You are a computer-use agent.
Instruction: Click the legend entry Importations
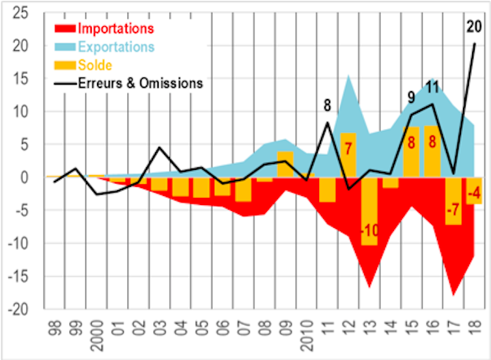[115, 29]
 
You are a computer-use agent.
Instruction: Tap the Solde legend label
[94, 65]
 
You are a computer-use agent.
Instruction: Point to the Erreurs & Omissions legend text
[140, 83]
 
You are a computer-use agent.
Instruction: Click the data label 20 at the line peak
[473, 27]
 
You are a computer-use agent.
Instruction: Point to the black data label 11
[433, 87]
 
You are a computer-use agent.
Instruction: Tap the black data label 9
[412, 98]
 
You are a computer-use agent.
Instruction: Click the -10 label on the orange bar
[369, 231]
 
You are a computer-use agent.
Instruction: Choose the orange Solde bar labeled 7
[348, 154]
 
